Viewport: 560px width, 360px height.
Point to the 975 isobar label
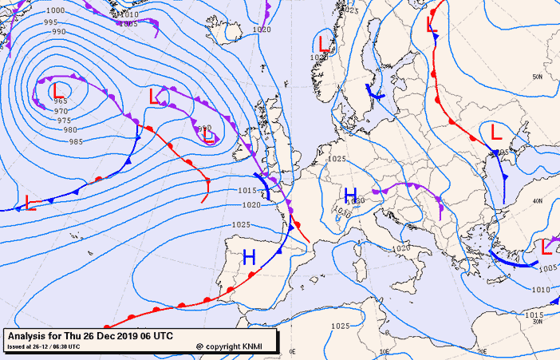coord(64,120)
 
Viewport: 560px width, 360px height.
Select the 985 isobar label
coord(76,141)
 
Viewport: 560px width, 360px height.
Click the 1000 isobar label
coord(55,10)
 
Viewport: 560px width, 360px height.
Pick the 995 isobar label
coord(52,22)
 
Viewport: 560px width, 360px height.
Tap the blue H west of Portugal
coord(249,256)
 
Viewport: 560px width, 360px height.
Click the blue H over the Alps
coord(350,195)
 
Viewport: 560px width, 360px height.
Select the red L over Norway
coord(324,43)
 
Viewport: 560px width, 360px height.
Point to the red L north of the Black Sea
coord(495,131)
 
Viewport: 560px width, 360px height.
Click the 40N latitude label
coord(538,200)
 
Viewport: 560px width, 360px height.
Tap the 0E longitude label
coord(292,350)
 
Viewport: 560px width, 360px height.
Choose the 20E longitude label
coord(482,350)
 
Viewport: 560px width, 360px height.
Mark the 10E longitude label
coord(387,350)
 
